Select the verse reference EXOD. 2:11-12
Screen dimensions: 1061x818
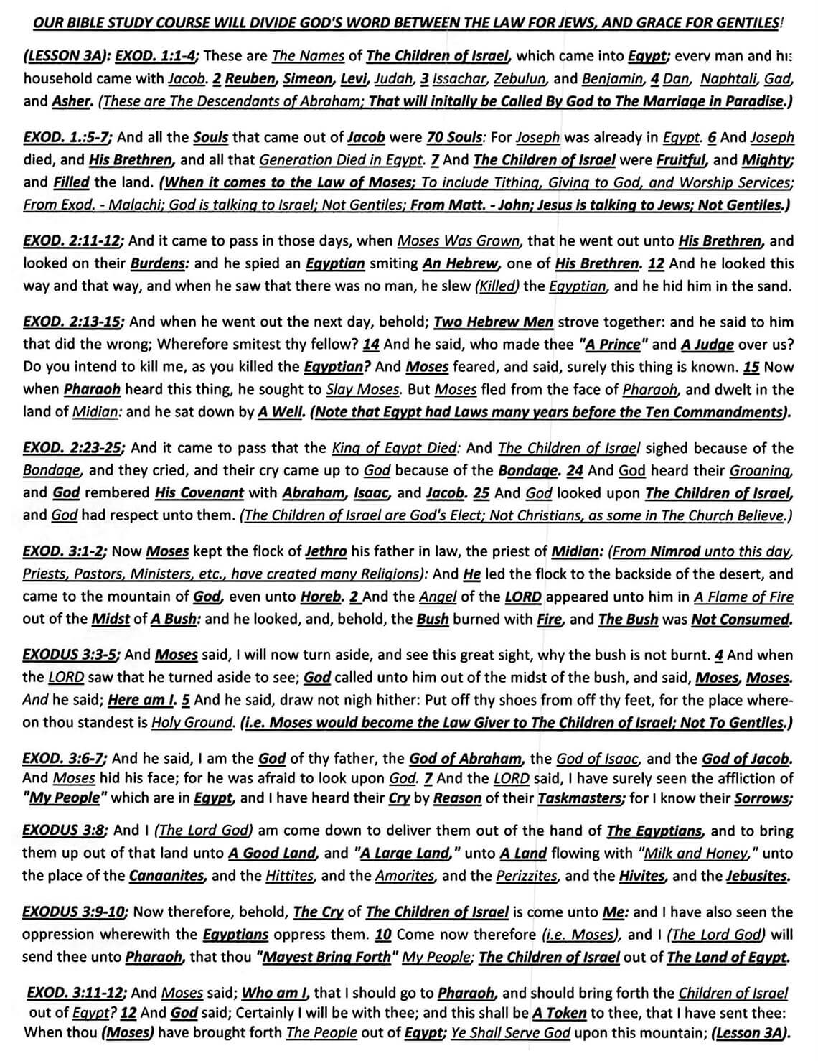pos(72,241)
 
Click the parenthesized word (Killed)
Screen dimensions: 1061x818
pos(497,286)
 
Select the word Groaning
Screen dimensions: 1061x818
pos(761,471)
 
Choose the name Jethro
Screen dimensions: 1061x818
pos(326,552)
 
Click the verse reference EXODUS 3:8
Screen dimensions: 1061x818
pos(65,831)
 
